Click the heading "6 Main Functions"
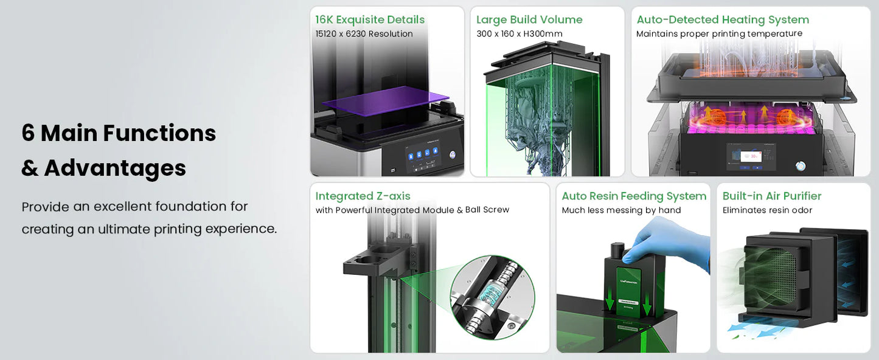tap(119, 133)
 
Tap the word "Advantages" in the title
tap(115, 168)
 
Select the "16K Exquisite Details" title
tap(370, 19)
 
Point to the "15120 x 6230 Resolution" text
tap(364, 34)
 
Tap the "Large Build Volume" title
tap(529, 19)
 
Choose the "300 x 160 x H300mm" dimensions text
tap(519, 34)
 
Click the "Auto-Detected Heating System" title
tap(723, 19)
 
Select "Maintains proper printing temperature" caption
tap(719, 34)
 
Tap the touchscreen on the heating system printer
tap(751, 156)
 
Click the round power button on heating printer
tap(801, 166)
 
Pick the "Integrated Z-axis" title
tap(363, 196)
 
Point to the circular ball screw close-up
tap(492, 297)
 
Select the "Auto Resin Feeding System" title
tap(634, 196)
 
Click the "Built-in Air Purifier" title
tap(772, 196)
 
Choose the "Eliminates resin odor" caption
tap(767, 210)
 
